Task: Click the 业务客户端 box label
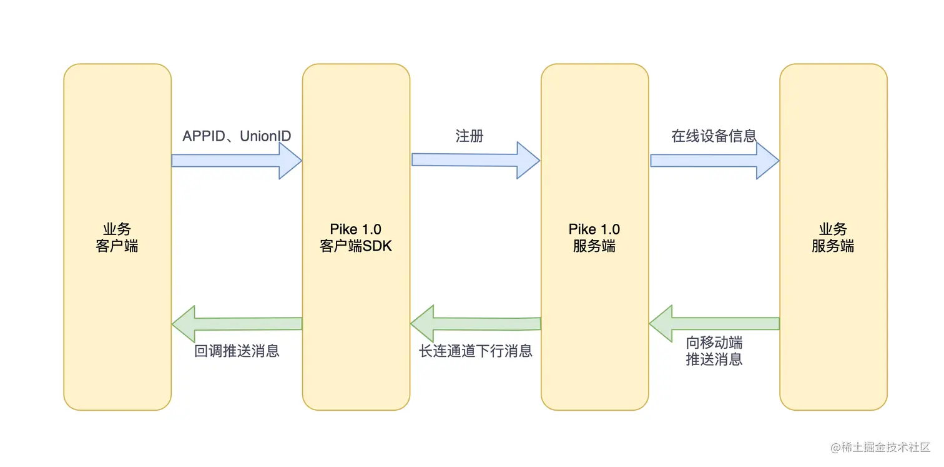117,238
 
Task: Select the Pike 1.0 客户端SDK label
356,238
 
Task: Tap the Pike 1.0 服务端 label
594,238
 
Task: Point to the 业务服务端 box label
833,238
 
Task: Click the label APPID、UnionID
237,136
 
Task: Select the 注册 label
470,136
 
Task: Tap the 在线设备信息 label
714,136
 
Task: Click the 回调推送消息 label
237,351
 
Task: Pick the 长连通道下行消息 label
475,351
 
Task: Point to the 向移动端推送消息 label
714,351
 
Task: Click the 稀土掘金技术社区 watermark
880,448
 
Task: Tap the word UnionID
265,136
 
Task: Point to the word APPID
203,136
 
